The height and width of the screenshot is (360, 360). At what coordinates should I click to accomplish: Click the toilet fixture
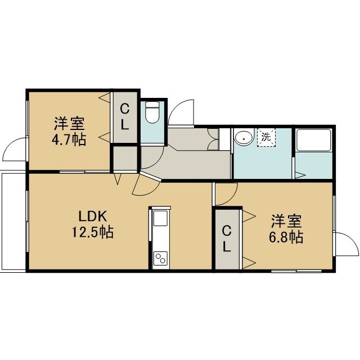(x=152, y=113)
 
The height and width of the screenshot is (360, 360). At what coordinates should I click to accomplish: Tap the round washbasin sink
(x=244, y=138)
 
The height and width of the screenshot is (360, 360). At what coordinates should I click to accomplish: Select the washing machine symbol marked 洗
(x=266, y=137)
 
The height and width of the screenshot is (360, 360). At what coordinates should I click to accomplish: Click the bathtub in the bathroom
(x=314, y=140)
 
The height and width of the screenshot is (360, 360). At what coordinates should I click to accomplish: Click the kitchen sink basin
(x=160, y=218)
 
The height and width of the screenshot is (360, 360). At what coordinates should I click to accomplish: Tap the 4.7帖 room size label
(x=69, y=139)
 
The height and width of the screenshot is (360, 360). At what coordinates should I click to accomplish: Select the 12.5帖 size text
(x=93, y=232)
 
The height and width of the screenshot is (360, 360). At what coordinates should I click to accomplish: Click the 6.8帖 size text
(x=286, y=237)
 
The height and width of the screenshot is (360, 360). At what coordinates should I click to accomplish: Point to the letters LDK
(x=93, y=216)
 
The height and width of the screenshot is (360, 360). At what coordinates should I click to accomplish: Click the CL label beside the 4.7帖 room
(x=125, y=116)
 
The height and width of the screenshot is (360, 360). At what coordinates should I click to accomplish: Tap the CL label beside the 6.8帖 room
(x=227, y=238)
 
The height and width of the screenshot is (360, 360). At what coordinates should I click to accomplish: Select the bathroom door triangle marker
(x=300, y=175)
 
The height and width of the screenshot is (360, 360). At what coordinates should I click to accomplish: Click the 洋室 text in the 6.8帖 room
(x=286, y=221)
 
